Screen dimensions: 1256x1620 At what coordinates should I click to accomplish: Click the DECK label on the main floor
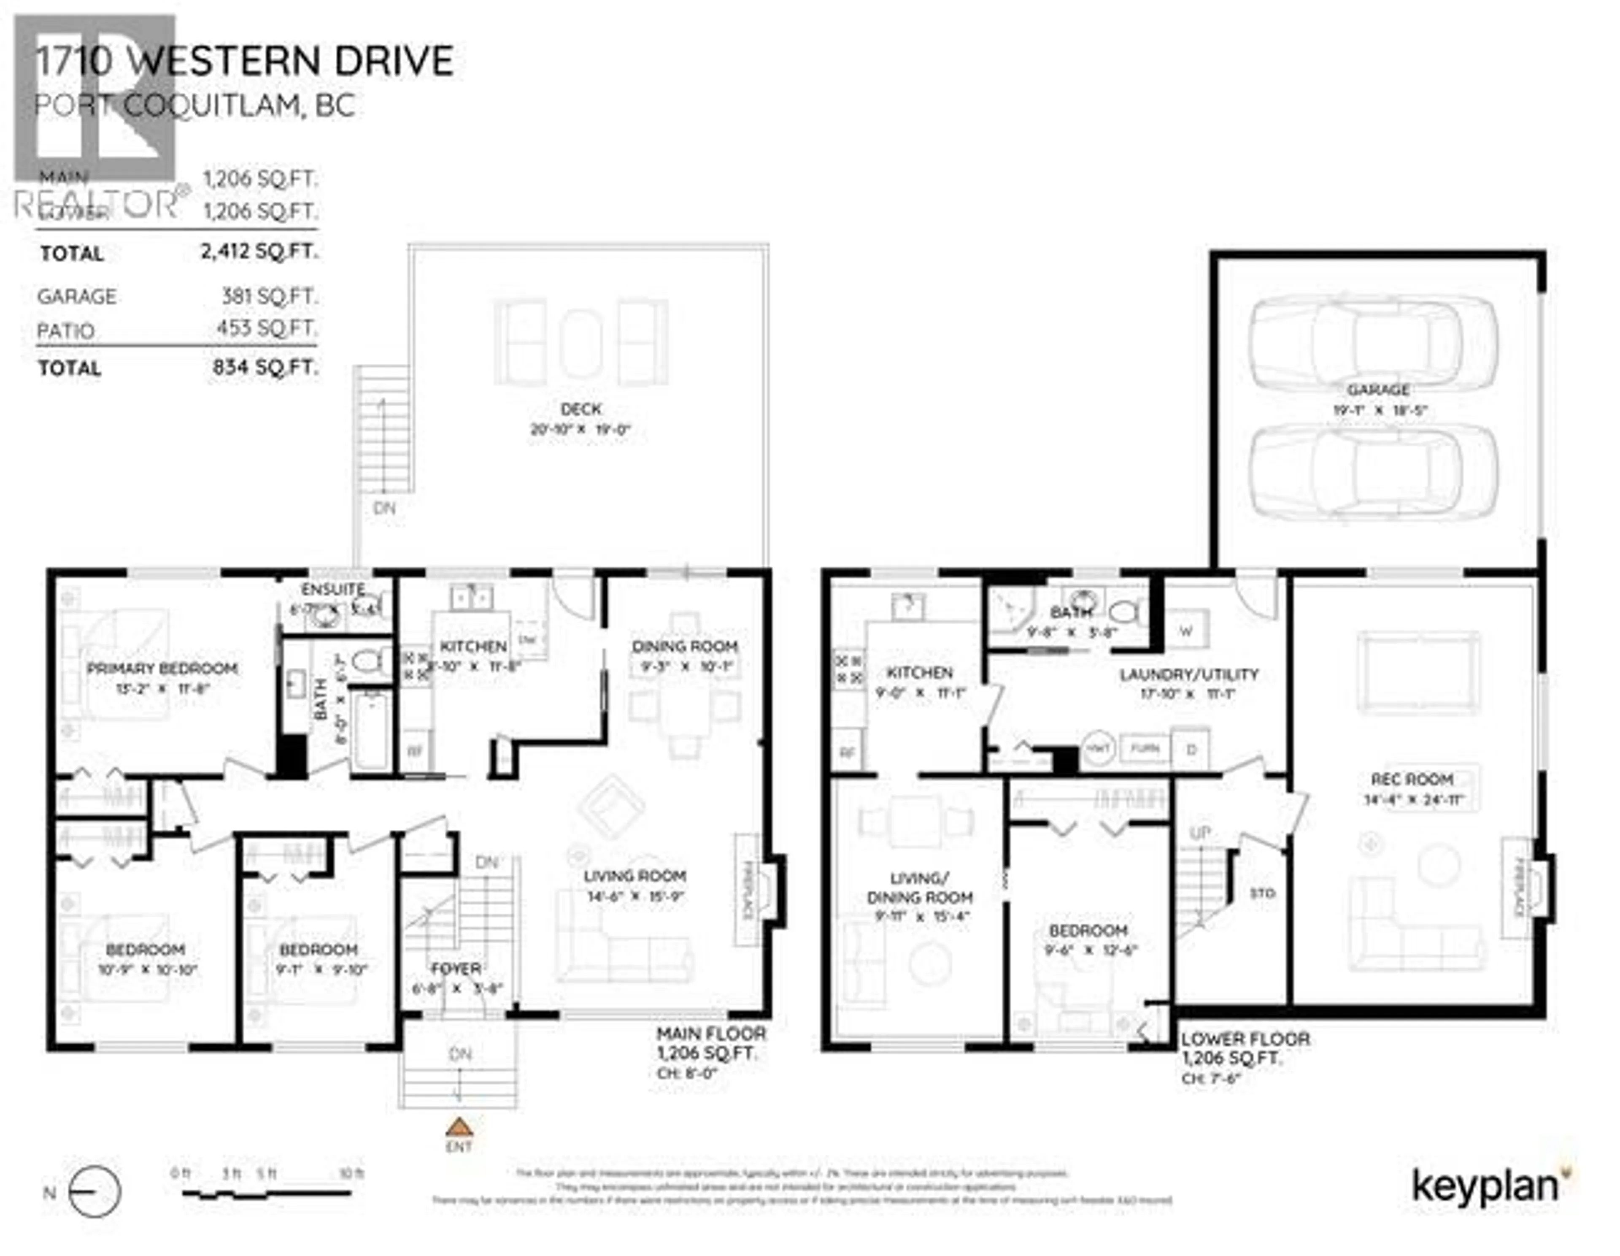coord(581,409)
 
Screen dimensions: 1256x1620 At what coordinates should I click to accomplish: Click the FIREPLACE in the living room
coord(748,890)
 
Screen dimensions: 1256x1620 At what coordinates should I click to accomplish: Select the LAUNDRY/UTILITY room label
coord(1189,674)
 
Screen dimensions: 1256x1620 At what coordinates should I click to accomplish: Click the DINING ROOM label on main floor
coord(685,646)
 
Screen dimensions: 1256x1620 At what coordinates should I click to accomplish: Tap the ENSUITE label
coord(333,589)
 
